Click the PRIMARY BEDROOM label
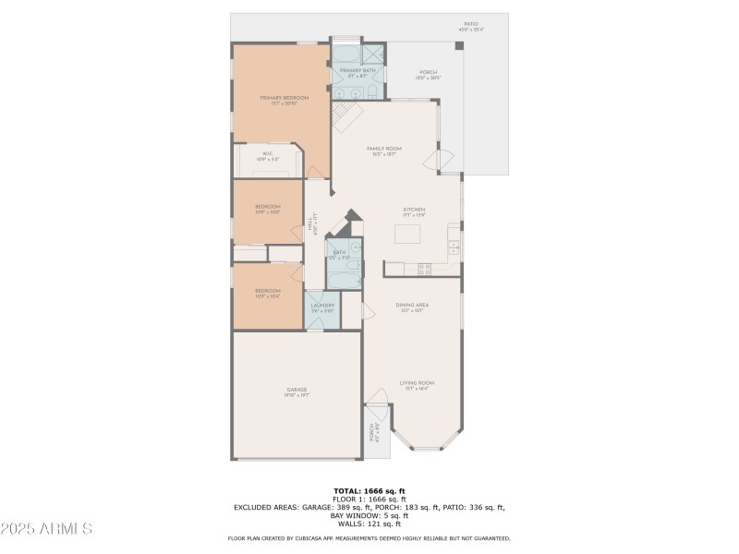284,100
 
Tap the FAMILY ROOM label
382,151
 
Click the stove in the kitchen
425,269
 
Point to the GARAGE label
296,392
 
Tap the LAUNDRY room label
321,307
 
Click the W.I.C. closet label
267,156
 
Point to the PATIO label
470,27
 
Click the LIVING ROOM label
417,384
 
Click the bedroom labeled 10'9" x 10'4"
267,294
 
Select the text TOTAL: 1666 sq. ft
369,490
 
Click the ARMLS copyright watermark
46,529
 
